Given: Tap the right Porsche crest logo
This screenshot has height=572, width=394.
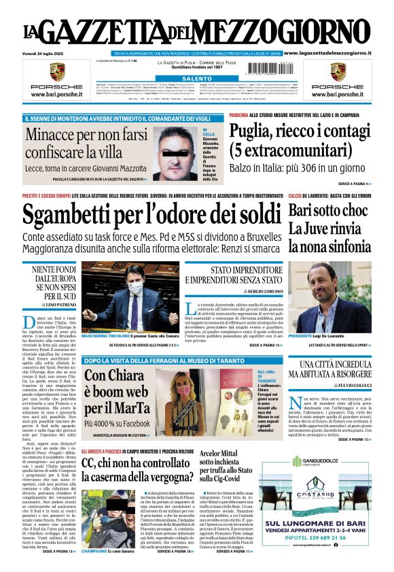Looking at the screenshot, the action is tap(338, 71).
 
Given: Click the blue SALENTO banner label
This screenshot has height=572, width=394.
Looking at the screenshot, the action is tap(196, 79).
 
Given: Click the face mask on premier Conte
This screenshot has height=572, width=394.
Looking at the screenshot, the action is tap(135, 289).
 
